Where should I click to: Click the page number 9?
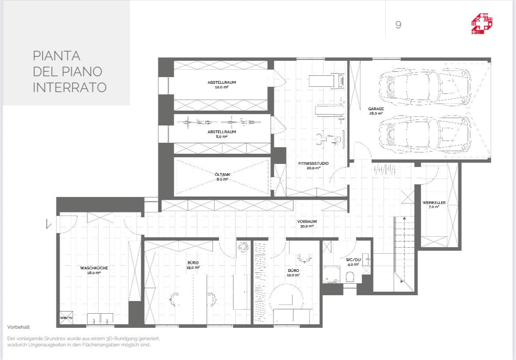(x=398, y=25)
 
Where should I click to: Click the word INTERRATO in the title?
(x=70, y=87)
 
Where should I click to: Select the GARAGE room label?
(x=376, y=109)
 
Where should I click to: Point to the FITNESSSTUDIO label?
(x=313, y=163)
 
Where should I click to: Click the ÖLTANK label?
(x=222, y=174)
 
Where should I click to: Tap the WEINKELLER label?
(x=434, y=203)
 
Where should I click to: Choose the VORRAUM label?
(x=307, y=222)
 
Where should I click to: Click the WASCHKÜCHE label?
(x=94, y=268)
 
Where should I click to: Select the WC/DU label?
(x=353, y=260)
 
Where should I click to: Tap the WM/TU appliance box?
(x=66, y=318)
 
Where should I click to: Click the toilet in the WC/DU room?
(x=350, y=277)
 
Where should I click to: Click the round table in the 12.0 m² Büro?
(x=286, y=299)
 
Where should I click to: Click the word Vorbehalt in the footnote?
(x=19, y=327)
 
